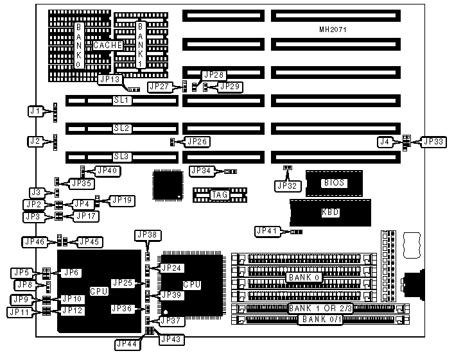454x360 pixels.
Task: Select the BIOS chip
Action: pyautogui.click(x=334, y=183)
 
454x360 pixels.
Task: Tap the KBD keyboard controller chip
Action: pyautogui.click(x=330, y=212)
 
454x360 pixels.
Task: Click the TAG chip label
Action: pyautogui.click(x=220, y=194)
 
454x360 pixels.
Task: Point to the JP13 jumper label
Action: pyautogui.click(x=109, y=80)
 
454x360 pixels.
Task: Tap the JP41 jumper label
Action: pyautogui.click(x=266, y=231)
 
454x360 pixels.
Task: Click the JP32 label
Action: pyautogui.click(x=287, y=186)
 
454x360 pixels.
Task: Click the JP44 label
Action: pyautogui.click(x=126, y=344)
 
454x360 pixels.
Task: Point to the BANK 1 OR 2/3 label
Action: pyautogui.click(x=317, y=309)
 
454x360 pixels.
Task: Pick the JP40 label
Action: pyautogui.click(x=107, y=171)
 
